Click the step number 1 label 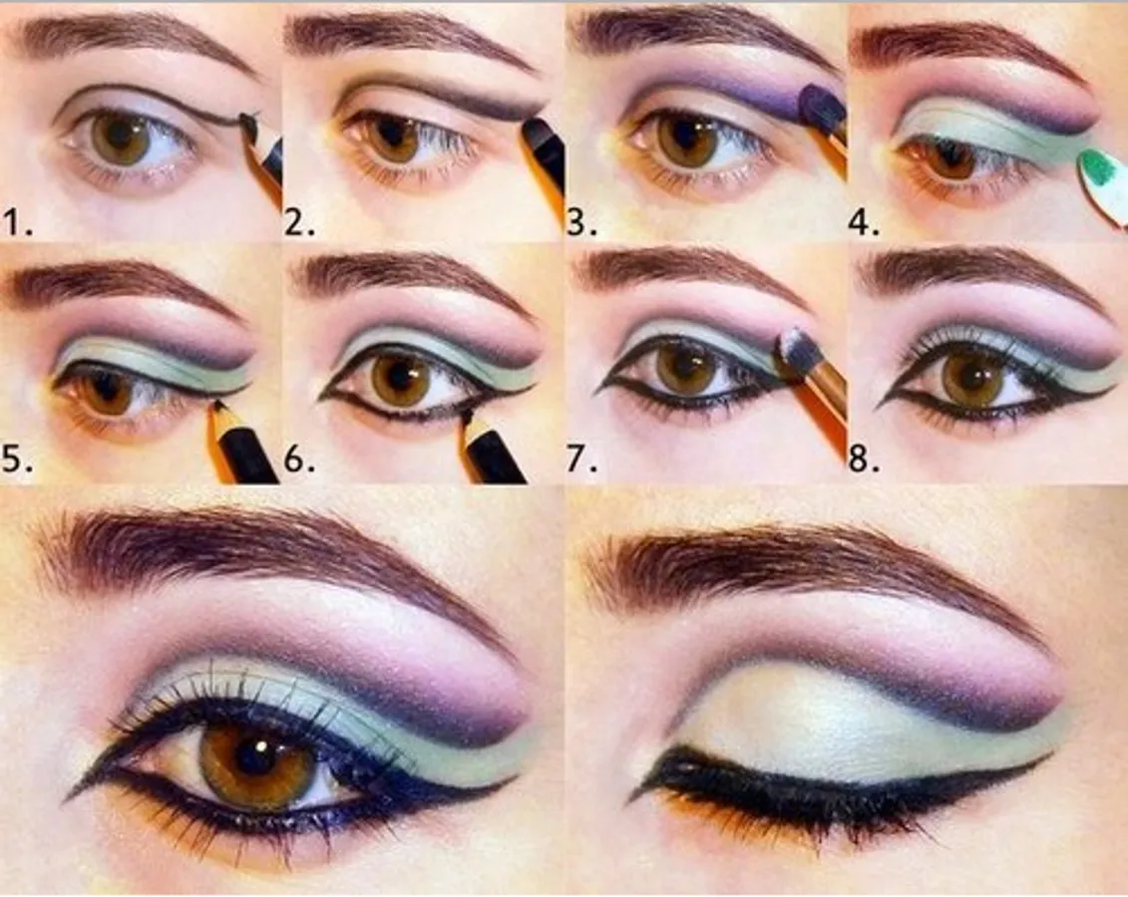pos(18,223)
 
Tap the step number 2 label pos(299,223)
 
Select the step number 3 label pos(582,223)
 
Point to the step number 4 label pos(864,223)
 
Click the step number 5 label pos(18,458)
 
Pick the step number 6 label pos(299,458)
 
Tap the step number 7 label pos(582,458)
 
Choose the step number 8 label pos(864,458)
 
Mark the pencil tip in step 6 pos(466,417)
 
